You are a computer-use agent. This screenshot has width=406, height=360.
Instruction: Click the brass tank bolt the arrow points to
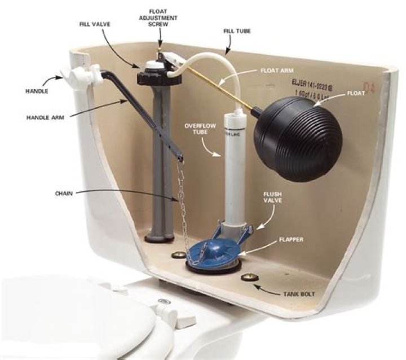[x=247, y=277]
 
